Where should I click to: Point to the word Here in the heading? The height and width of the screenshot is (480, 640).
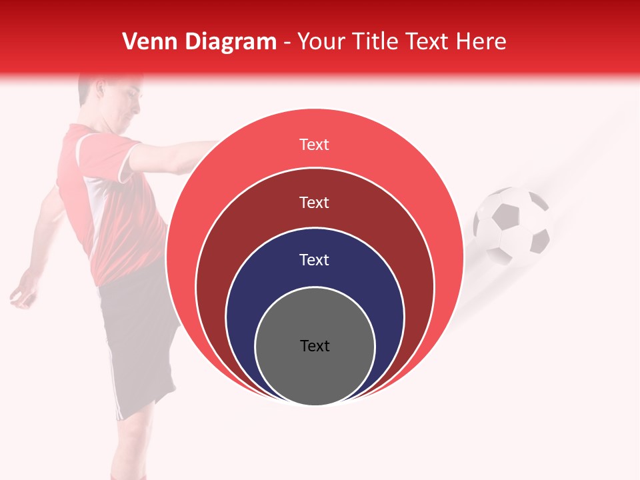(x=481, y=41)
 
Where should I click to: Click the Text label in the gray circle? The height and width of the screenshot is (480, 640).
(x=315, y=345)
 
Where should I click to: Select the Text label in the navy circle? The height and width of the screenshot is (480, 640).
(x=315, y=259)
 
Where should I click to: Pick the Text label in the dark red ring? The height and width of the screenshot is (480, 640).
(x=315, y=202)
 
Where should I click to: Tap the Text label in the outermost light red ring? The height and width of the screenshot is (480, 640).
(x=315, y=144)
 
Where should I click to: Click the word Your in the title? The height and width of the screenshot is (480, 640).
(x=319, y=41)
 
